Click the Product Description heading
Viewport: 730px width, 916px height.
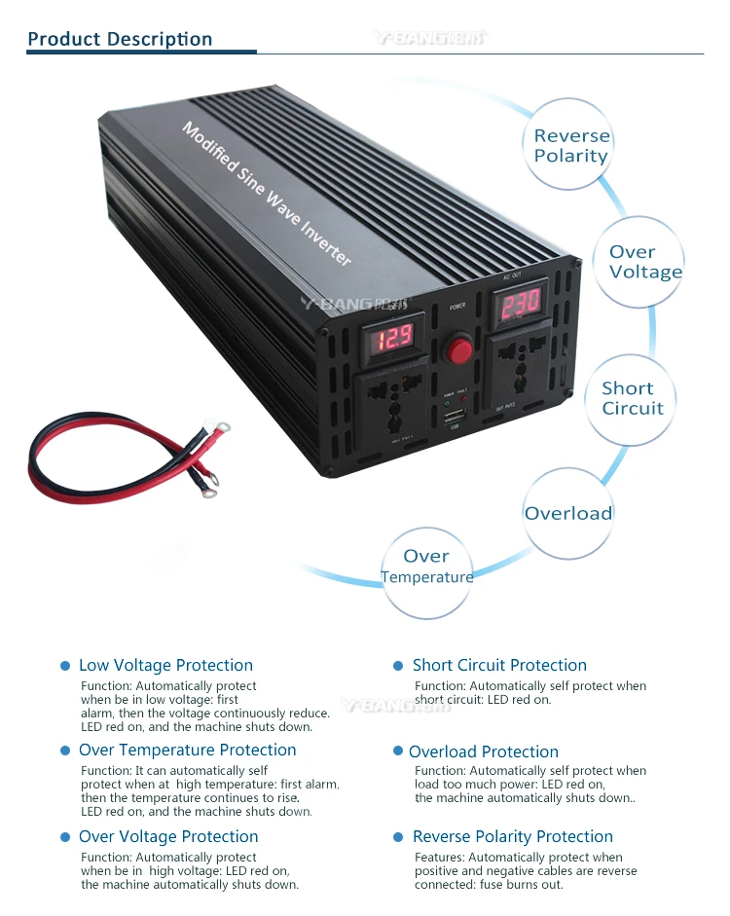(120, 39)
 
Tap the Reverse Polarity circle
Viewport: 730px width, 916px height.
(571, 146)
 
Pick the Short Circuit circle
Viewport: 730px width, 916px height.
(632, 398)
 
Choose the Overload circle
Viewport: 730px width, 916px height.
(568, 513)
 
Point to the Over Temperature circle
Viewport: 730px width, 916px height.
(427, 567)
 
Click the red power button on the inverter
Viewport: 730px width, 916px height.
(457, 348)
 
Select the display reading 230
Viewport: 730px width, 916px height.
(521, 303)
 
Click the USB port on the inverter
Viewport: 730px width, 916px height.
(453, 418)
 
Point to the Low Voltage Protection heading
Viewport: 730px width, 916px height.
(165, 666)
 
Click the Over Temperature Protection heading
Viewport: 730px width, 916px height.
(187, 751)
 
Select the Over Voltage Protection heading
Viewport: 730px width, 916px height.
(168, 837)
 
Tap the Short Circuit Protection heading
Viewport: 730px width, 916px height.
(499, 666)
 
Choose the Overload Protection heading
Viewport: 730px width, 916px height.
(484, 751)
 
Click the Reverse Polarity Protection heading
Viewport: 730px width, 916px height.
(513, 837)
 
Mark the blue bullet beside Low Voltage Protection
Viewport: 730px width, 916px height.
(65, 666)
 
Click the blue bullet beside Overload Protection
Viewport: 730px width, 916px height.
(398, 751)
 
